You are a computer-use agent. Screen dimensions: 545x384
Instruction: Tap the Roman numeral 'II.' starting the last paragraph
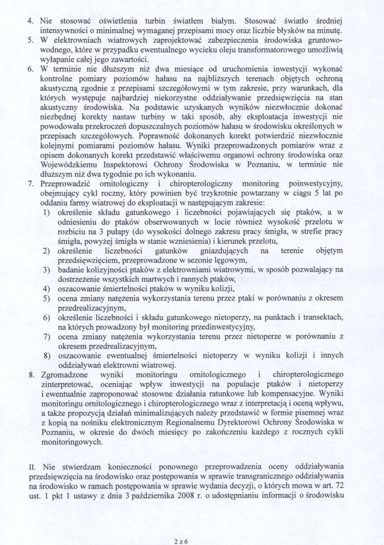click(x=33, y=466)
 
